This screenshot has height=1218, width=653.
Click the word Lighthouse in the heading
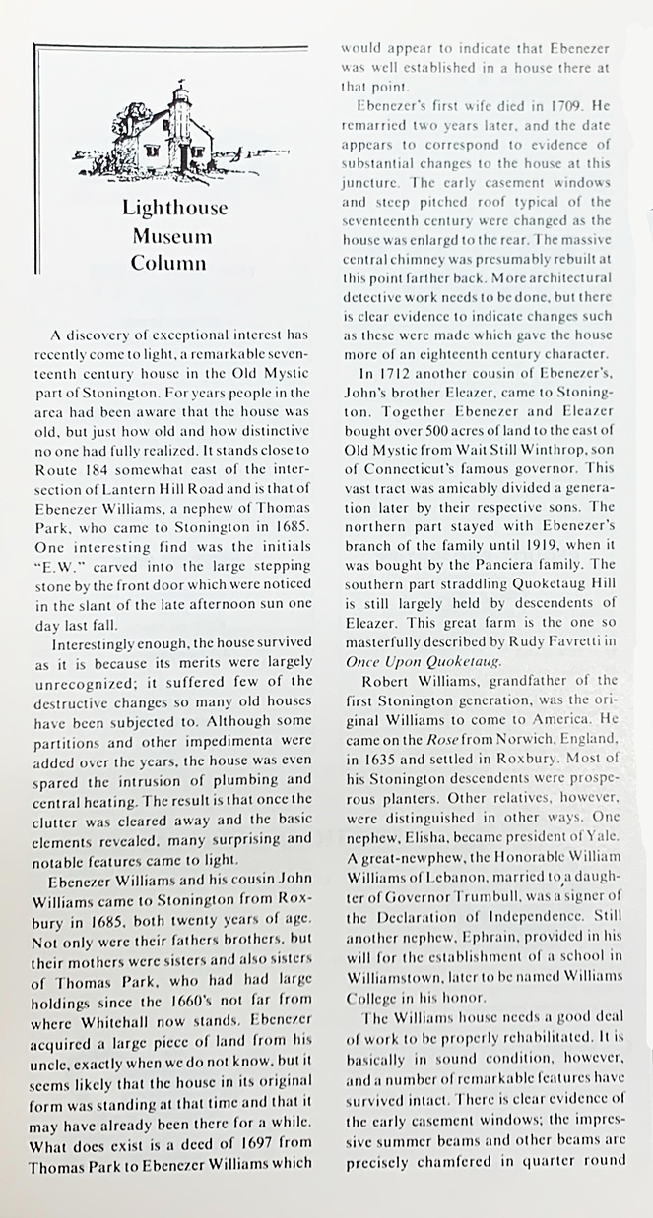coord(174,208)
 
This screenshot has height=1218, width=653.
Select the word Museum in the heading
coord(174,235)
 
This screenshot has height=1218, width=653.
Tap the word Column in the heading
coord(168,263)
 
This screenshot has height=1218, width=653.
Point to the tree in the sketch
coord(133,122)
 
